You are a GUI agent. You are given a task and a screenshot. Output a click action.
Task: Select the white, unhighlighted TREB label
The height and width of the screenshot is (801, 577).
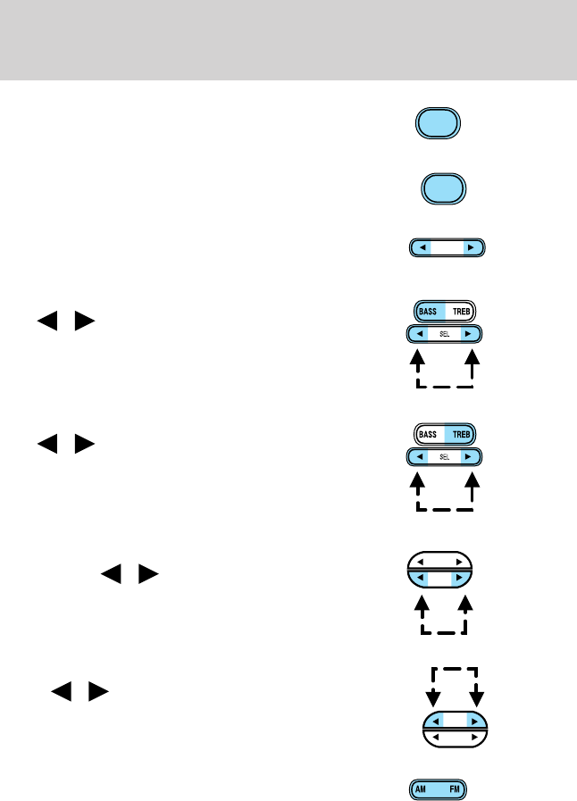coord(461,312)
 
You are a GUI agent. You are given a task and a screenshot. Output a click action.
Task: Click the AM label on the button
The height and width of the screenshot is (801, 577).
coord(422,789)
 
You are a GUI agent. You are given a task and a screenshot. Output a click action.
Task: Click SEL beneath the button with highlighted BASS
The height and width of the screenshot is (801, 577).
coord(445,333)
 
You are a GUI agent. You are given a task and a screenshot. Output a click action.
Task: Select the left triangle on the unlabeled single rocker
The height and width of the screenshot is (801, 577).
coord(423,247)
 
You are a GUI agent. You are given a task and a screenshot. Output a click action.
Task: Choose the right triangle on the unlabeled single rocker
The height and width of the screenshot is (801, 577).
coord(470,247)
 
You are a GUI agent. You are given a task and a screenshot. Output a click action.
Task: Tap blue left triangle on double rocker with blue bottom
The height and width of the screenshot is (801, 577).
coord(418,579)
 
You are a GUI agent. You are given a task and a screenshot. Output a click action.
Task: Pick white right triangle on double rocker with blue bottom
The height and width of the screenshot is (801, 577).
coord(459,563)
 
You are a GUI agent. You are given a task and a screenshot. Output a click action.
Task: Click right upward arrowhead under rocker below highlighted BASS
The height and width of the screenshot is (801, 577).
coord(472,360)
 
